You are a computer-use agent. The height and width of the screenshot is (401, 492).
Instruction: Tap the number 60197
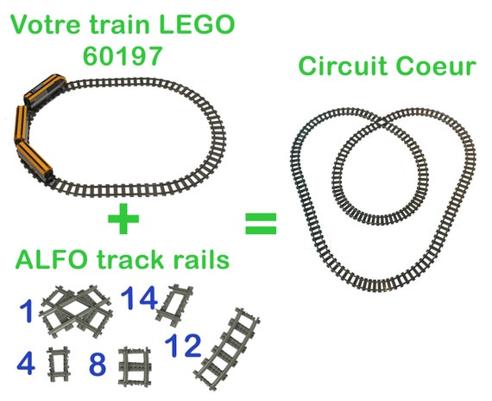pos(123,55)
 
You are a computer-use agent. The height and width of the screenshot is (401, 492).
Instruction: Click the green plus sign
pos(123,219)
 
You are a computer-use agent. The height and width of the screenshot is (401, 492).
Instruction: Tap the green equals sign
pos(261,224)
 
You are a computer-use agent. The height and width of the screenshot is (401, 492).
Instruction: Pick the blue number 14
pos(139,298)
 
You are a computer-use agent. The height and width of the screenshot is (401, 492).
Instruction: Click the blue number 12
pos(183,346)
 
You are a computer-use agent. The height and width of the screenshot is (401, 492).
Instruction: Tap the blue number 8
pos(98,364)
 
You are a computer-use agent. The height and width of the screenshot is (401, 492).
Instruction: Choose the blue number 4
pos(26,363)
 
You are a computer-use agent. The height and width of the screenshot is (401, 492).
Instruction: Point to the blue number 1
pos(27,311)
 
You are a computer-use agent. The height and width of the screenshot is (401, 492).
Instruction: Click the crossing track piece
pos(76,311)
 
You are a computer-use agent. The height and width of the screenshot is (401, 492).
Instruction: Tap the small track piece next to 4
pos(59,364)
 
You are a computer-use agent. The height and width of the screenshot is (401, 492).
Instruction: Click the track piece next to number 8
pos(136,366)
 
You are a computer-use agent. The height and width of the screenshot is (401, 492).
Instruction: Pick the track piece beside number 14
pos(174,303)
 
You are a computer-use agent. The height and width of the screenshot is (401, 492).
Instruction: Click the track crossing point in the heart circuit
pos(382,122)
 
